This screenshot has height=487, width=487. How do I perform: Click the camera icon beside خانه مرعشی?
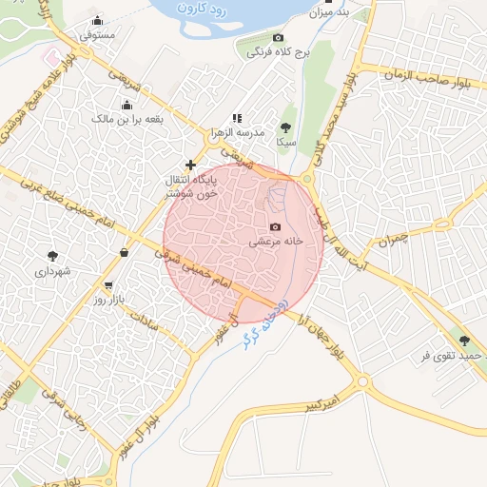[x=276, y=227]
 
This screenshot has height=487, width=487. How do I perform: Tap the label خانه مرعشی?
[x=276, y=243]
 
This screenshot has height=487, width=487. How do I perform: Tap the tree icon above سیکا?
[x=285, y=127]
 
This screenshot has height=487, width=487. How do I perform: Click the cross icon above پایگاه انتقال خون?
[x=190, y=165]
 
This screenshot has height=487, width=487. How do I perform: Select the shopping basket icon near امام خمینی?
[x=126, y=252]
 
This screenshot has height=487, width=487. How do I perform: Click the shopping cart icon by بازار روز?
[x=109, y=284]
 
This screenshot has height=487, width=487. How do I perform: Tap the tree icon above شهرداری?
[x=52, y=255]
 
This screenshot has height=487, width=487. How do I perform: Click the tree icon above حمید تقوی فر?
[x=464, y=340]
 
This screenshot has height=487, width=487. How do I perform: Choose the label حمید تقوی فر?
[x=454, y=356]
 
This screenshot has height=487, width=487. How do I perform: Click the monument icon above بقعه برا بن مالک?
[x=127, y=105]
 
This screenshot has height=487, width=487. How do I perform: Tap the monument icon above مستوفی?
[x=97, y=21]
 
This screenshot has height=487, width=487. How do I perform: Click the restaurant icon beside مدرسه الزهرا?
[x=237, y=117]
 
